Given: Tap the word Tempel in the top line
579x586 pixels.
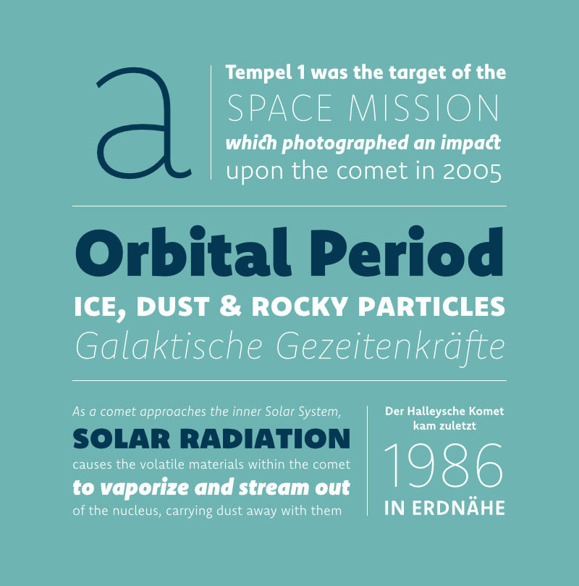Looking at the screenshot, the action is (x=258, y=73).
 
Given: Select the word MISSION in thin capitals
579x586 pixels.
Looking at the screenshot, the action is (x=423, y=108).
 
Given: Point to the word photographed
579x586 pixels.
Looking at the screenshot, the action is (x=345, y=144).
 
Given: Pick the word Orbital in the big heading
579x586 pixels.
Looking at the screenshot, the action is (x=183, y=251).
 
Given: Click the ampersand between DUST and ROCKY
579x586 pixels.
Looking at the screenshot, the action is (x=231, y=306).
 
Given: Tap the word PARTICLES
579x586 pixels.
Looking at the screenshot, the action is (x=431, y=306).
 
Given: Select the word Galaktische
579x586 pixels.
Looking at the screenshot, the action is (x=169, y=346).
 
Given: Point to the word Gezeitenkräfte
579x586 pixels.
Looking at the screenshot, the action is (x=391, y=347).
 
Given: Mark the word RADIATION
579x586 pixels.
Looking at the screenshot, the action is (x=266, y=438).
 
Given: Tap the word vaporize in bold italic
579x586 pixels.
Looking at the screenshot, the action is (x=145, y=488).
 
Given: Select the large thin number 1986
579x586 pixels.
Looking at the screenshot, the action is (x=444, y=466).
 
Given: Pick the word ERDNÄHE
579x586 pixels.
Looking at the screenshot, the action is (x=458, y=508).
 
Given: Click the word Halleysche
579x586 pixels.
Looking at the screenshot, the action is (x=435, y=412).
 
